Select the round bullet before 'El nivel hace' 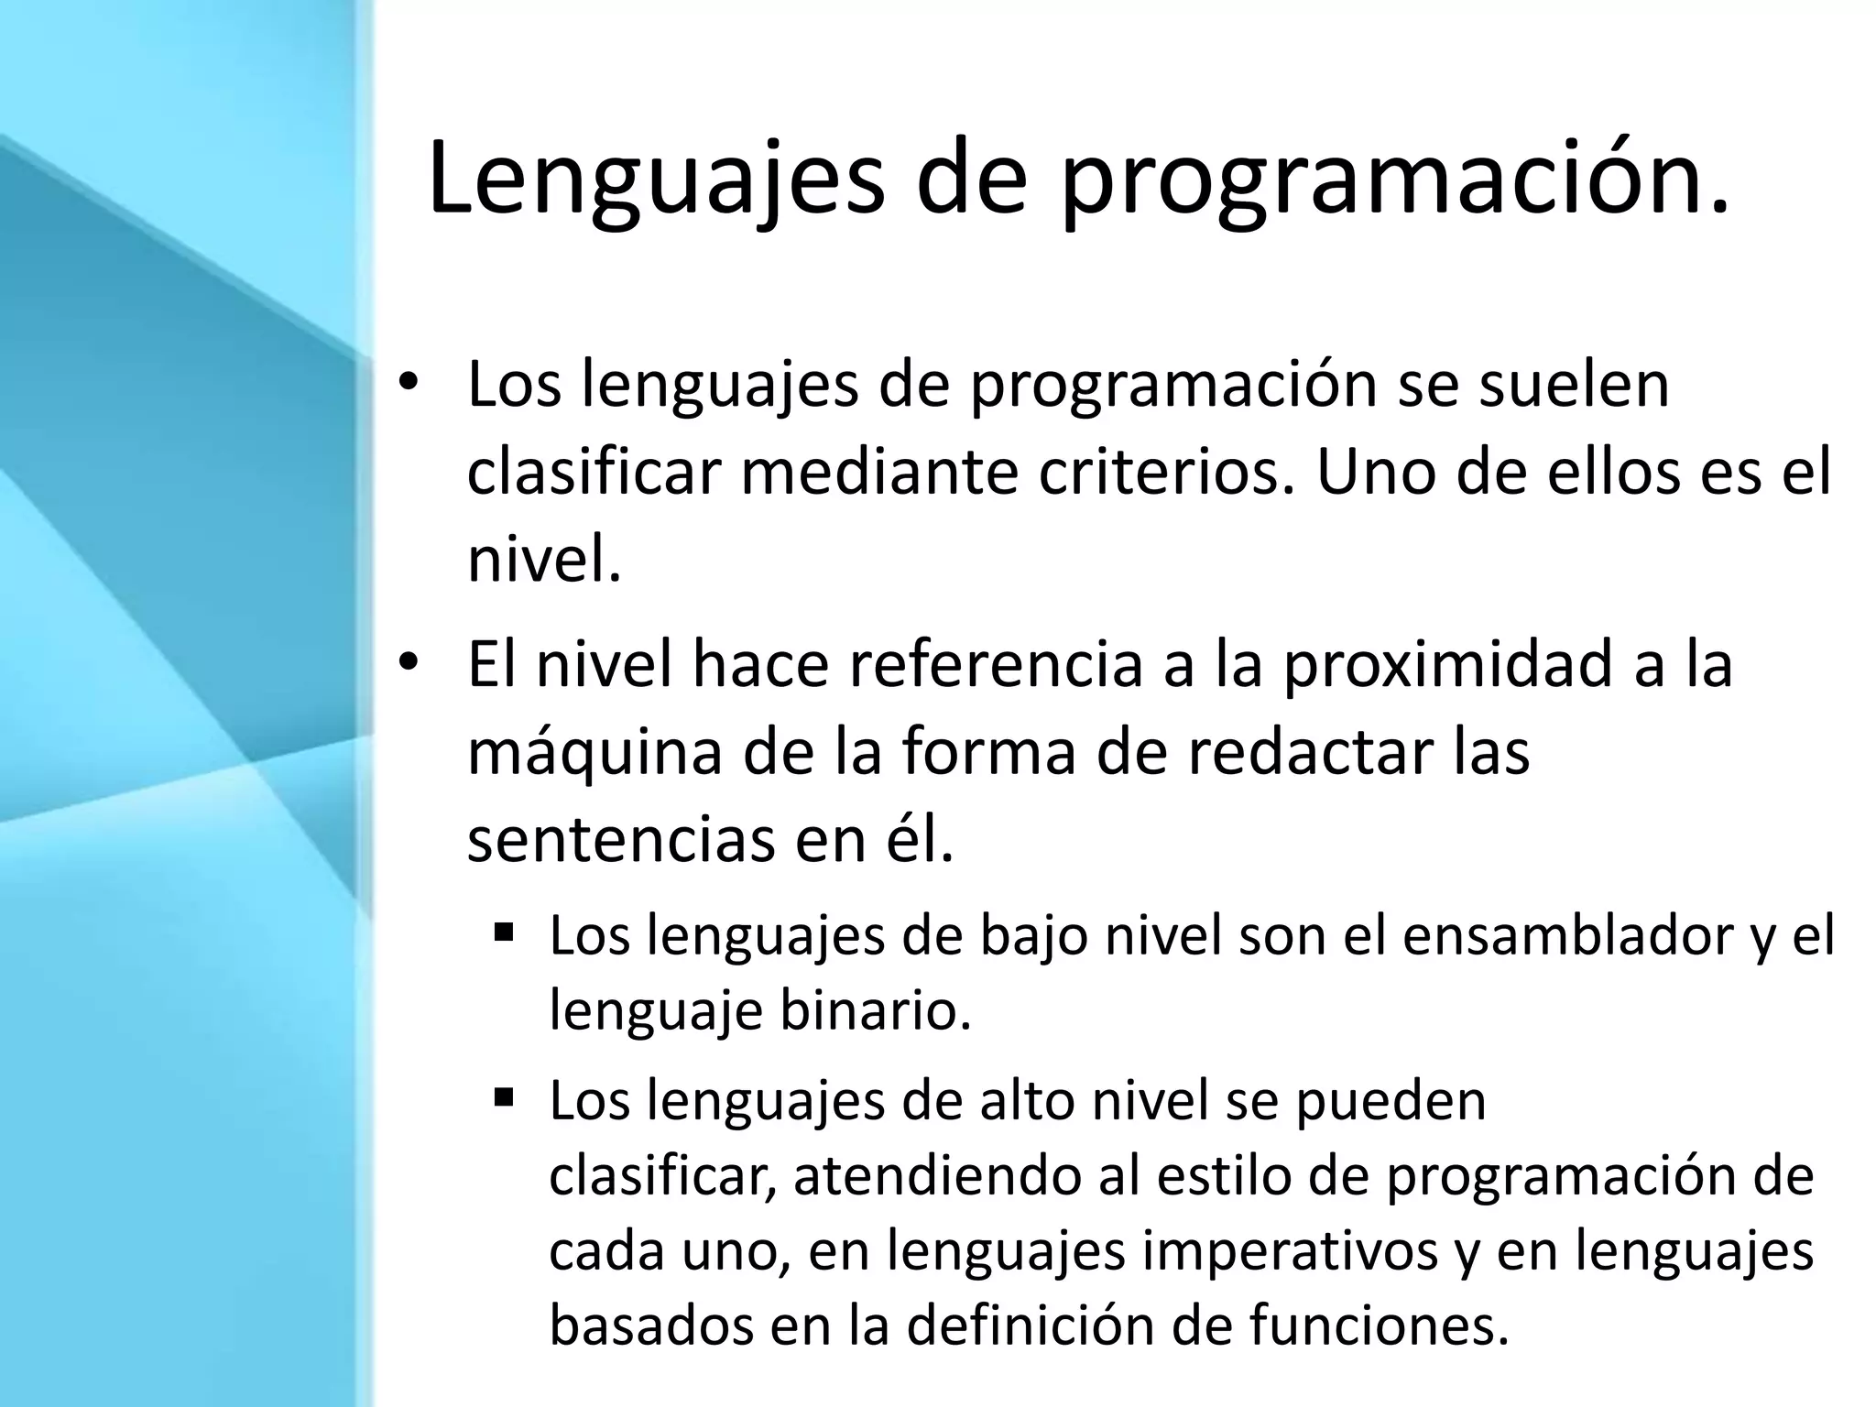[409, 661]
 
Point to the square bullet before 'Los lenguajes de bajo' [503, 933]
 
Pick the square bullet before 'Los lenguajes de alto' [503, 1096]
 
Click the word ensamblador [1568, 936]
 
